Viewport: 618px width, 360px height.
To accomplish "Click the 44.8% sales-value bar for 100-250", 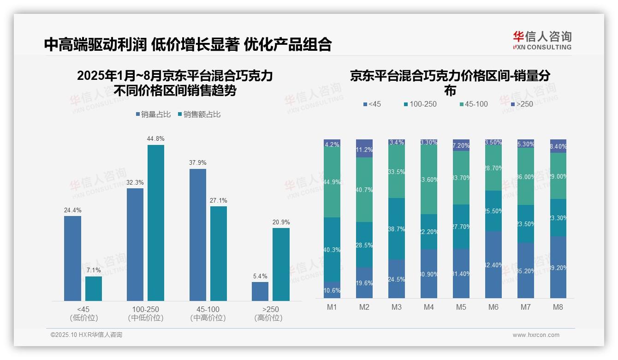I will (156, 223).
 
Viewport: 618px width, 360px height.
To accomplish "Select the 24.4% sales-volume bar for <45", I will (72, 258).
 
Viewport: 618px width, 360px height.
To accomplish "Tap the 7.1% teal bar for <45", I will (94, 288).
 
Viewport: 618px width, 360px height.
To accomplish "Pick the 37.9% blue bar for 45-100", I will (198, 235).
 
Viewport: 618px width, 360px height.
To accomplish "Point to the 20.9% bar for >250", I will (281, 264).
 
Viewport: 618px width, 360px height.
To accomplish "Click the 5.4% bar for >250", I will (260, 291).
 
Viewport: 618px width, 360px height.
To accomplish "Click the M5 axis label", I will (461, 307).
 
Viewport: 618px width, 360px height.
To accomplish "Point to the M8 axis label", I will (558, 307).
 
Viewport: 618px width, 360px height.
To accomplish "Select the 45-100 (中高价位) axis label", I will (208, 313).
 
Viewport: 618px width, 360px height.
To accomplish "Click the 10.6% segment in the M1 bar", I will (332, 290).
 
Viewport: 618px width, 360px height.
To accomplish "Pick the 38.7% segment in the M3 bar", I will (397, 228).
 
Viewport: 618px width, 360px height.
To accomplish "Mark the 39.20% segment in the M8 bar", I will (558, 267).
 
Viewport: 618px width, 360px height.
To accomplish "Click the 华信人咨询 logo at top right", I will (542, 40).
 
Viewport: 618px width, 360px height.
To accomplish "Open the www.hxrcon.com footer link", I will (536, 335).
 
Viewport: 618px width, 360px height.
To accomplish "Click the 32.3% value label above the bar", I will (135, 183).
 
